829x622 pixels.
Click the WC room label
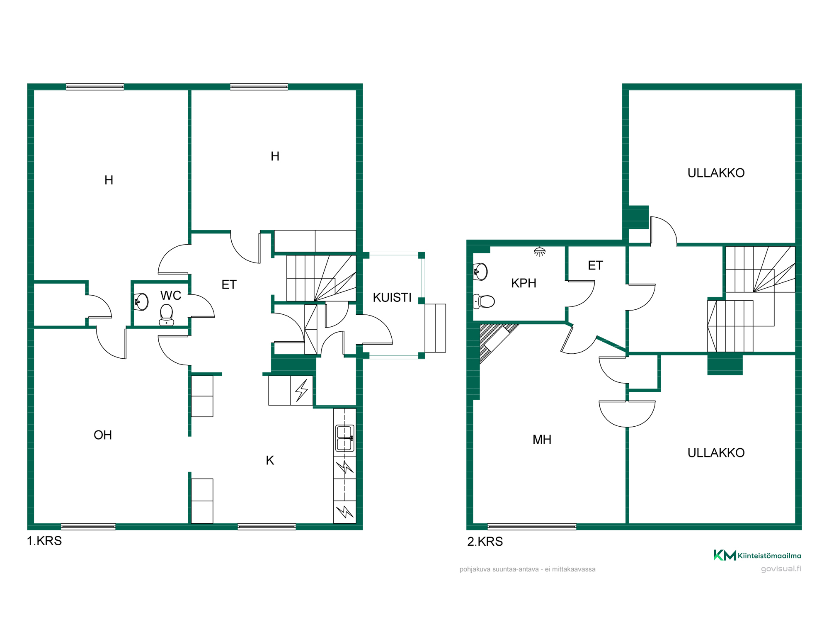[x=171, y=295]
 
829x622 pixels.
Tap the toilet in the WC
[x=167, y=316]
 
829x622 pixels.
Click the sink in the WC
[x=141, y=302]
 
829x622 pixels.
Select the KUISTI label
[x=392, y=297]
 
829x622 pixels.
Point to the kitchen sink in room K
[x=345, y=438]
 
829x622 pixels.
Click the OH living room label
[x=103, y=435]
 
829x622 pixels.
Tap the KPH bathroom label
[x=524, y=283]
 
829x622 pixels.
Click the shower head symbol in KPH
[x=540, y=252]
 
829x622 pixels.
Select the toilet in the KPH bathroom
[x=484, y=301]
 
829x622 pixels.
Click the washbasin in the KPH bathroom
[x=480, y=272]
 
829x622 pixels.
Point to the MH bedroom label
[x=542, y=440]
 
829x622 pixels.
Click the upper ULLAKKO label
[x=716, y=173]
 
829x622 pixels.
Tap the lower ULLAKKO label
[x=716, y=453]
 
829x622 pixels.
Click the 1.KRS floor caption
[x=44, y=541]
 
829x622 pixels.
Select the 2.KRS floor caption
[x=485, y=542]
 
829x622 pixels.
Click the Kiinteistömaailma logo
[x=757, y=555]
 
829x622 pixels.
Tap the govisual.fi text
[x=781, y=569]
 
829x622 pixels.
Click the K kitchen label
[x=270, y=460]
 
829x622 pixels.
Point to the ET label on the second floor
[x=595, y=265]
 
